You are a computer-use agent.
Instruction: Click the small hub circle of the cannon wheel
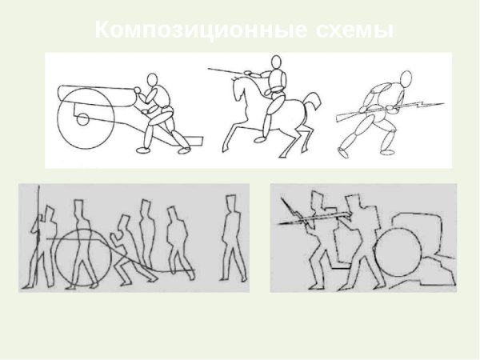click(x=82, y=121)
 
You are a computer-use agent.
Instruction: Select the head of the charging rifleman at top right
click(x=406, y=78)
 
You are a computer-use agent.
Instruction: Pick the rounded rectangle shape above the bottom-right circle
click(x=417, y=224)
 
